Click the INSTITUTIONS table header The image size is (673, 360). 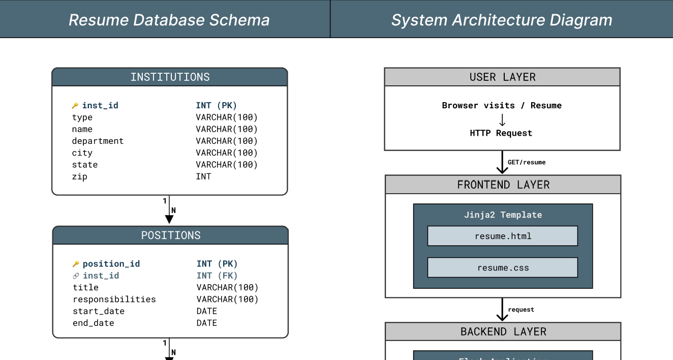pyautogui.click(x=170, y=77)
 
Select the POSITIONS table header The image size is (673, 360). pyautogui.click(x=171, y=235)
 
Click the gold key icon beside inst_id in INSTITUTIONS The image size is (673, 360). pyautogui.click(x=75, y=106)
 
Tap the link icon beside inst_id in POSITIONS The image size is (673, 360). pyautogui.click(x=76, y=276)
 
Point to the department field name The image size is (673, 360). pyautogui.click(x=98, y=141)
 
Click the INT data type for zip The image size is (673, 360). pyautogui.click(x=203, y=176)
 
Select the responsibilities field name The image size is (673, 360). pyautogui.click(x=114, y=299)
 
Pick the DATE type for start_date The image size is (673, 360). pyautogui.click(x=207, y=311)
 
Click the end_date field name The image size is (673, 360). pyautogui.click(x=94, y=323)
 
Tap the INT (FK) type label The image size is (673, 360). pyautogui.click(x=217, y=276)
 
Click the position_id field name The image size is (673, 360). pyautogui.click(x=111, y=264)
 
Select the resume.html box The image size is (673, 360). pyautogui.click(x=503, y=236)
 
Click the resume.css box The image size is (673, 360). pyautogui.click(x=503, y=267)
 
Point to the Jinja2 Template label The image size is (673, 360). pyautogui.click(x=503, y=215)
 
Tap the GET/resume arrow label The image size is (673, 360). pyautogui.click(x=527, y=162)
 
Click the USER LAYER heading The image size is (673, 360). pyautogui.click(x=502, y=77)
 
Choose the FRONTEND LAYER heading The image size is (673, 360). pyautogui.click(x=503, y=185)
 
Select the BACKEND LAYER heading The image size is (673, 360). pyautogui.click(x=503, y=332)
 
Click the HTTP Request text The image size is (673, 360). pyautogui.click(x=501, y=133)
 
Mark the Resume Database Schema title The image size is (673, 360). pyautogui.click(x=169, y=20)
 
